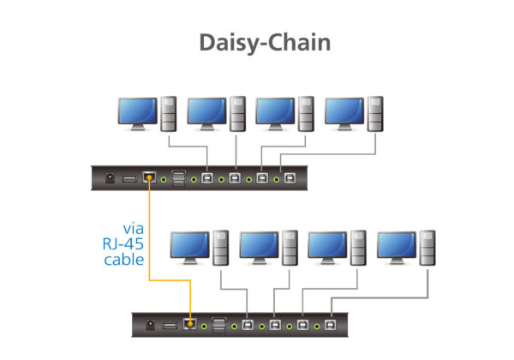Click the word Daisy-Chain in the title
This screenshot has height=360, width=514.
pyautogui.click(x=264, y=43)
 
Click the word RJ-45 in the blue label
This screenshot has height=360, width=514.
pyautogui.click(x=122, y=244)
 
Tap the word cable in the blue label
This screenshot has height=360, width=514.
pyautogui.click(x=123, y=261)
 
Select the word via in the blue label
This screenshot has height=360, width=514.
pyautogui.click(x=133, y=228)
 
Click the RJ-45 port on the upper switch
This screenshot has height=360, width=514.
pyautogui.click(x=148, y=178)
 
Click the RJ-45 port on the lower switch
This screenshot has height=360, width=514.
pyautogui.click(x=189, y=324)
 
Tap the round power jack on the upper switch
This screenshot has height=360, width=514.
pyautogui.click(x=111, y=178)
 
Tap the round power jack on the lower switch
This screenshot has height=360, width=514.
pyautogui.click(x=152, y=324)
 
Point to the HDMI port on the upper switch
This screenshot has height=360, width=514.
pyautogui.click(x=128, y=178)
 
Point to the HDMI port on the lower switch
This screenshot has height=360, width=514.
pyautogui.click(x=170, y=324)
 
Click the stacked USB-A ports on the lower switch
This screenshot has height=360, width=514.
pyautogui.click(x=218, y=324)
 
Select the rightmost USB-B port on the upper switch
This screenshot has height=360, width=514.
pyautogui.click(x=290, y=179)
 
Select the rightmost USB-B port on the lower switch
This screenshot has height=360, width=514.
pyautogui.click(x=332, y=325)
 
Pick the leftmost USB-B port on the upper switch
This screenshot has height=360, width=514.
pyautogui.click(x=208, y=179)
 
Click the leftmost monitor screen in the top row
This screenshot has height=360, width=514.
pyautogui.click(x=136, y=112)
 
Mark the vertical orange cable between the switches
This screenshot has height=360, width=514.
pyautogui.click(x=149, y=231)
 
